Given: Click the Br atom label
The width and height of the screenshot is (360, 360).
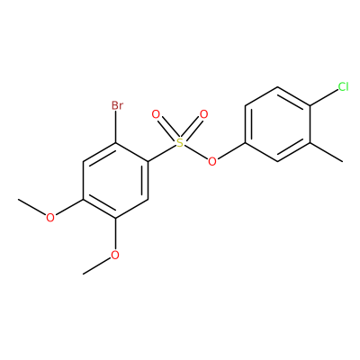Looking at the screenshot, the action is [117, 105].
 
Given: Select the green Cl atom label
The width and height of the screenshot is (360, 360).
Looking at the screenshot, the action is [343, 86].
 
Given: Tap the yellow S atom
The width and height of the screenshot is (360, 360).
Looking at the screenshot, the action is [180, 143].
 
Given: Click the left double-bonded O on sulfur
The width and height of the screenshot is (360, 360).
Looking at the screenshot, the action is [156, 114].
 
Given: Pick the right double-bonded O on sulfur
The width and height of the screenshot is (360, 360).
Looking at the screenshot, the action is [203, 114].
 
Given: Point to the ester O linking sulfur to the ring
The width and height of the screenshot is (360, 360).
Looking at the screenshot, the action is [212, 162].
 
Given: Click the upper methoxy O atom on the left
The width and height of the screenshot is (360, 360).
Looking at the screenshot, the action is [50, 218].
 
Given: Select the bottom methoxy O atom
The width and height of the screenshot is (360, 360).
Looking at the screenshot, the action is [115, 255].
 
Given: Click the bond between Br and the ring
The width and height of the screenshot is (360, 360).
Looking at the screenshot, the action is [116, 127].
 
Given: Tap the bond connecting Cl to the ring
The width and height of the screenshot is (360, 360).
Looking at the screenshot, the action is [325, 97].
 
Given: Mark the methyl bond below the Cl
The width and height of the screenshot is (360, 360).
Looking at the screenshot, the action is [327, 152].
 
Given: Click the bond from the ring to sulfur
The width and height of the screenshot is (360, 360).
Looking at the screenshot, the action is [162, 154].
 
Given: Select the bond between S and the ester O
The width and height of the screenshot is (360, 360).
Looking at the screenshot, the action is [196, 152].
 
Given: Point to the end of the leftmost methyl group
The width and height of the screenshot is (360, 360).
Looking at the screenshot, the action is [18, 199].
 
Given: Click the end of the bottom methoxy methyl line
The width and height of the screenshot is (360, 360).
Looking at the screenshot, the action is [83, 274].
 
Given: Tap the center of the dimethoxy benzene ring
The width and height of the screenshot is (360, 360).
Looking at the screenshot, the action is [116, 180].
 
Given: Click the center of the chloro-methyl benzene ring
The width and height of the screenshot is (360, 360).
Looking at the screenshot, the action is [278, 124].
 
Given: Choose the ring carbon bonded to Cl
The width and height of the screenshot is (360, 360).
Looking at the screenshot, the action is [310, 105].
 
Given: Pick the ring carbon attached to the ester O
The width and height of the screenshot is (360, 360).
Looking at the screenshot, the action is [246, 143].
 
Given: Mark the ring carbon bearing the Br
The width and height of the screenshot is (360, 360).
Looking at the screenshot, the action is [116, 143].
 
